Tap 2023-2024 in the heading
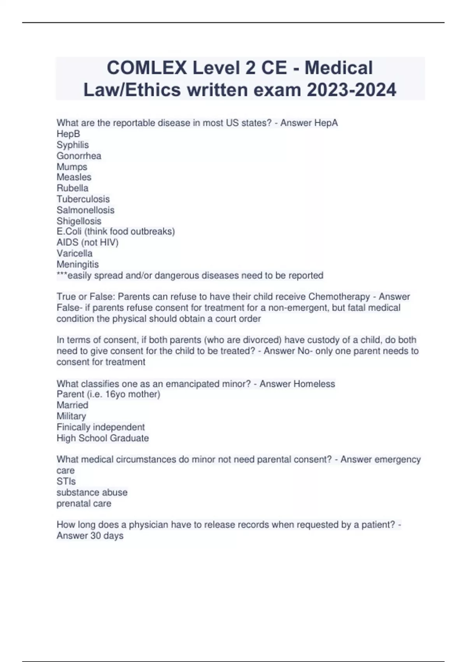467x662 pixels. (x=351, y=90)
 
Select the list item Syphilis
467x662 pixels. (x=73, y=145)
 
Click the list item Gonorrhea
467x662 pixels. (x=79, y=156)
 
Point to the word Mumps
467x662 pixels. (x=72, y=167)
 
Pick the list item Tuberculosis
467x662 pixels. (x=83, y=199)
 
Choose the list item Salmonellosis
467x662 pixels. (x=86, y=210)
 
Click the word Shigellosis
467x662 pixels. (x=79, y=221)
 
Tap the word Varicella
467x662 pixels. (x=75, y=253)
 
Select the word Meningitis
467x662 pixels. (x=78, y=264)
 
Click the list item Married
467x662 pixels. (x=72, y=405)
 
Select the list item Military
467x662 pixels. (x=71, y=416)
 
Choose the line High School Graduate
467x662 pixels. (x=103, y=438)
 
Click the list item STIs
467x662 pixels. (x=66, y=481)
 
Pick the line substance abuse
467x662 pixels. (x=92, y=492)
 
